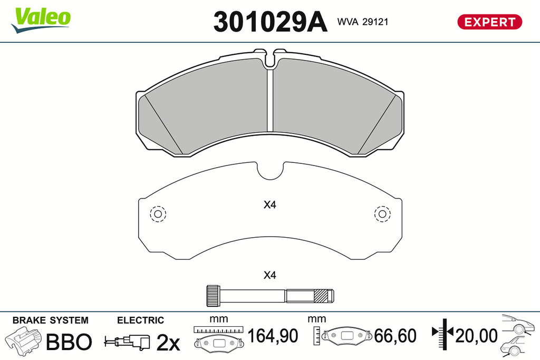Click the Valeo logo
41,20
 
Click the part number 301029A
271,22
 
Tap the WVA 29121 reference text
363,22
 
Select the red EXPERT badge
490,22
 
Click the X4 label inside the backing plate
269,205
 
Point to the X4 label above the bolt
269,275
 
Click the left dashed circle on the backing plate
158,213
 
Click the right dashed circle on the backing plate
382,213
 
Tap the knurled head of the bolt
213,296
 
